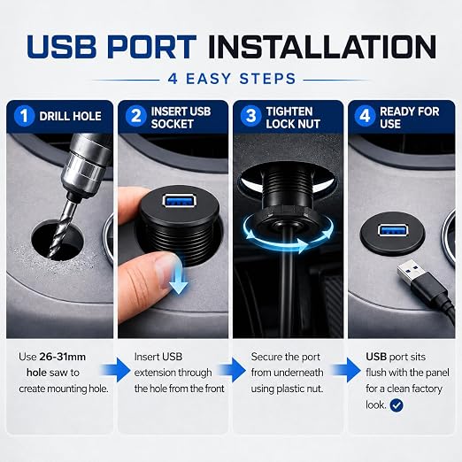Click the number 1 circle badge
point(24,116)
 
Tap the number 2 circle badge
point(135,116)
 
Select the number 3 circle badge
point(250,116)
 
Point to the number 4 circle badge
point(365,116)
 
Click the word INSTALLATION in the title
point(322,47)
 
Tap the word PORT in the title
point(151,47)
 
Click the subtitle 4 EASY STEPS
point(232,79)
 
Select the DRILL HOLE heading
point(70,116)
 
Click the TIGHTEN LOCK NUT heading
point(293,118)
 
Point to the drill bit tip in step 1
point(52,256)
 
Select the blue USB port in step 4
point(391,230)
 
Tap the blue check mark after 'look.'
point(397,405)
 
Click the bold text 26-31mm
point(63,357)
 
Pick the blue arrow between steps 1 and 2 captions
point(116,370)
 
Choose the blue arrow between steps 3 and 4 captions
point(347,370)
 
